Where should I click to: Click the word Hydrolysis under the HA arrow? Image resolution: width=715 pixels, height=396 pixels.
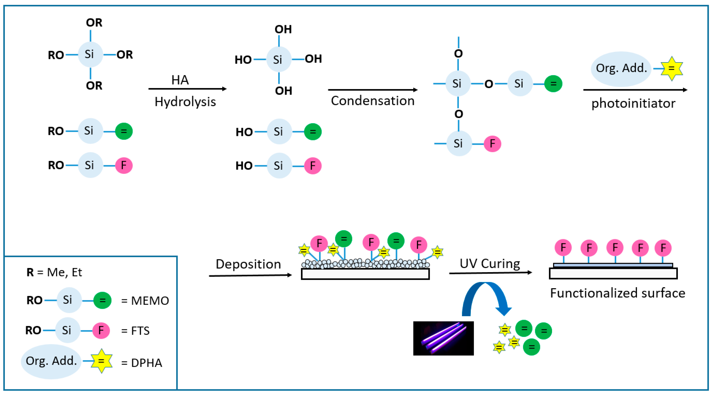point(185,102)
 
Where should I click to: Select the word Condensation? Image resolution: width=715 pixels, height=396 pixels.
point(373,100)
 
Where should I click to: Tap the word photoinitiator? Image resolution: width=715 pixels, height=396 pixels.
point(633,103)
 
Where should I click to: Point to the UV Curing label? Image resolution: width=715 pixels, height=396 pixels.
point(490,263)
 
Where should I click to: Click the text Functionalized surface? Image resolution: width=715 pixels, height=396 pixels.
point(617,293)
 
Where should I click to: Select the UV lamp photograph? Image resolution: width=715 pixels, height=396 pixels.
point(443,338)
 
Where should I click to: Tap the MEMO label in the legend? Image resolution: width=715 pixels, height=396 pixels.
point(150,301)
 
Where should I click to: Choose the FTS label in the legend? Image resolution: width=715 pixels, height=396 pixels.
point(140,330)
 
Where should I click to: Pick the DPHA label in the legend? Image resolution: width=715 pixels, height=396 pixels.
point(146,363)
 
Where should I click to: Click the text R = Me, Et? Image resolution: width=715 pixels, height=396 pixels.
point(54,272)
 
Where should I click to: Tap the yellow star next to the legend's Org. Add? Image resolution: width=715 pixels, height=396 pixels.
point(102,361)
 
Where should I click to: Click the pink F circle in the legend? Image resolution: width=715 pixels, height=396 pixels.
point(101,330)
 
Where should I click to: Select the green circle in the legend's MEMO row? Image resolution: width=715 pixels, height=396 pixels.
point(102,300)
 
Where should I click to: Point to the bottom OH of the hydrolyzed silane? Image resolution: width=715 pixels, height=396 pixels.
point(283,91)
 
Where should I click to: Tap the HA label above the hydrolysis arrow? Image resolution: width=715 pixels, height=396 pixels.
point(180,80)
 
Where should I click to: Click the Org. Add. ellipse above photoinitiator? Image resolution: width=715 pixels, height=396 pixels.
point(621,68)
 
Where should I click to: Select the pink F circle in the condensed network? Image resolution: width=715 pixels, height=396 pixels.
point(492,144)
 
